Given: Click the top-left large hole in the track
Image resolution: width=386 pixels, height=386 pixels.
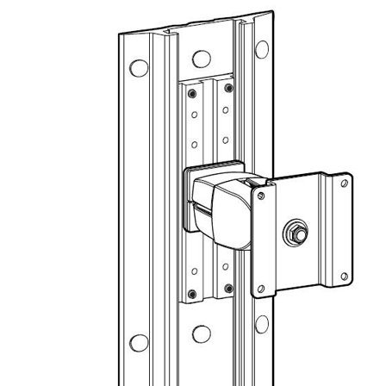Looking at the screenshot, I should coord(134,69).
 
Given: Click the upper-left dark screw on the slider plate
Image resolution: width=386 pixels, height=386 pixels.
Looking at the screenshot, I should coord(193,91).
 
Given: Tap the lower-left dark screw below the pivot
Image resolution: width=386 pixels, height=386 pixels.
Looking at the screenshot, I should coord(193,296).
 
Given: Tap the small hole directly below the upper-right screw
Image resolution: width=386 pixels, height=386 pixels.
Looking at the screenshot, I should coord(226,110).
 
